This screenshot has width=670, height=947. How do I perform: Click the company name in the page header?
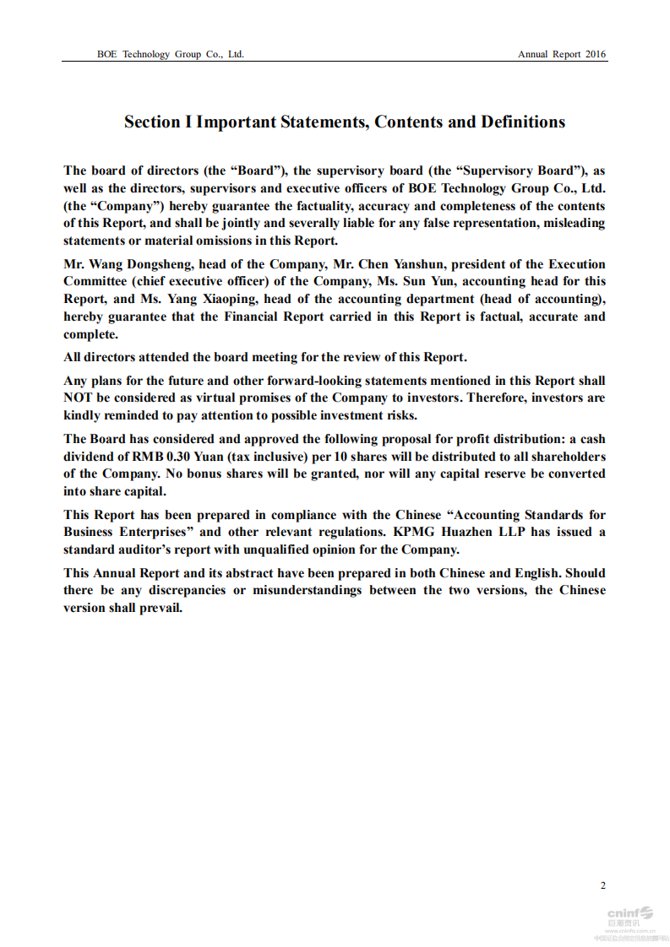point(171,54)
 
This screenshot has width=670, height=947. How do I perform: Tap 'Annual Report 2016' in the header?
point(562,54)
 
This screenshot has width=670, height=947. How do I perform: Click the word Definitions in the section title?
point(523,122)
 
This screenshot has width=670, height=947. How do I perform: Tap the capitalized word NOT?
point(79,398)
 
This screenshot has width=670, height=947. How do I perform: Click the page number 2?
point(602,885)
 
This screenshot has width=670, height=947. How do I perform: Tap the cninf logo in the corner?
point(629,912)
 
